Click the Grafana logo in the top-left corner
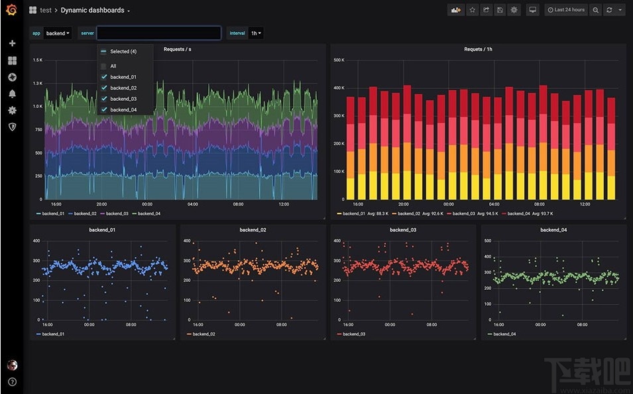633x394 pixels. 11,10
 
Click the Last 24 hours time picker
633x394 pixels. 565,10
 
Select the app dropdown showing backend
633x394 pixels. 58,33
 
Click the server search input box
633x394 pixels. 158,33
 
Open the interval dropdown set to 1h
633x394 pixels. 256,33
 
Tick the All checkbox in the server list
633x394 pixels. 103,66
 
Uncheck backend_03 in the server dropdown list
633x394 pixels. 103,99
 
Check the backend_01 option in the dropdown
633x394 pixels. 103,77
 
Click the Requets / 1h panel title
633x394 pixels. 478,49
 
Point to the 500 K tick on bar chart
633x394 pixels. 338,60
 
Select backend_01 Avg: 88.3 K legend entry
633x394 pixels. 363,214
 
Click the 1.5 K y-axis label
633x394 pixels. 38,60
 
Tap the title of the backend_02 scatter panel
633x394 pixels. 253,230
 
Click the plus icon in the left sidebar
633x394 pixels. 12,44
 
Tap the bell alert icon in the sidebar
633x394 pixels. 12,94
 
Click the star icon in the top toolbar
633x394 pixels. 472,10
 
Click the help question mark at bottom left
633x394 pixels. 12,382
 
